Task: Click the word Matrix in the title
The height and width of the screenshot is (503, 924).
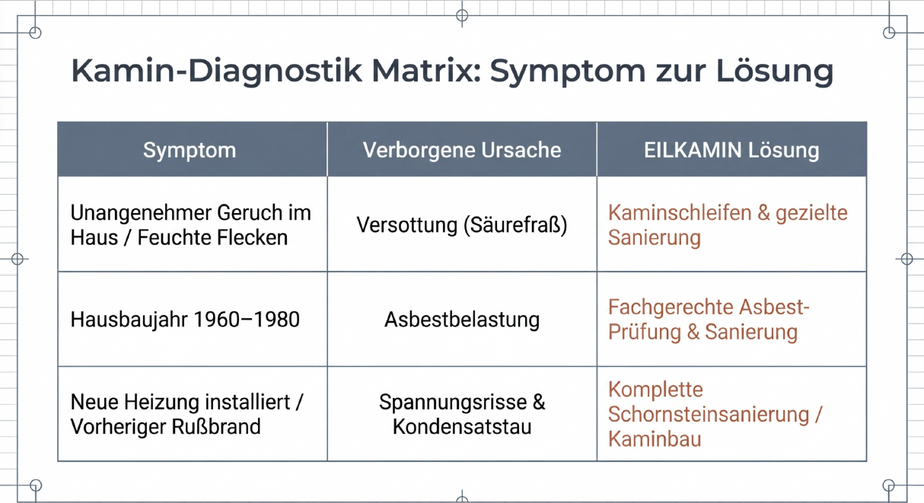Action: point(426,71)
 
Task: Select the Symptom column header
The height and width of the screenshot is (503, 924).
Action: point(190,151)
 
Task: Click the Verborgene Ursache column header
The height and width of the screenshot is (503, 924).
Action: point(462,150)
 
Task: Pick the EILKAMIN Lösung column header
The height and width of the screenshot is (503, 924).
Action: point(731,150)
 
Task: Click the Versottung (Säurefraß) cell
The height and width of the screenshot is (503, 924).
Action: point(462,225)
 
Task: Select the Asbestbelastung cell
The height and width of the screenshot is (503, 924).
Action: point(462,320)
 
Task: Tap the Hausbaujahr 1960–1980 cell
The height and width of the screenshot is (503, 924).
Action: point(185,320)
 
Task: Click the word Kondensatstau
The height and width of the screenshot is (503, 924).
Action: point(462,426)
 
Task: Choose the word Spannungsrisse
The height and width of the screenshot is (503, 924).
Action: point(453,403)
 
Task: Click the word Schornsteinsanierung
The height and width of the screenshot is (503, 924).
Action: point(709,415)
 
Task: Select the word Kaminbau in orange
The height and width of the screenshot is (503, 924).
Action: point(655,438)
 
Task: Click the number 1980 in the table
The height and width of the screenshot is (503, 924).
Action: point(276,320)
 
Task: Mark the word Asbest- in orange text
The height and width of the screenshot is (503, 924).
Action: point(774,307)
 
